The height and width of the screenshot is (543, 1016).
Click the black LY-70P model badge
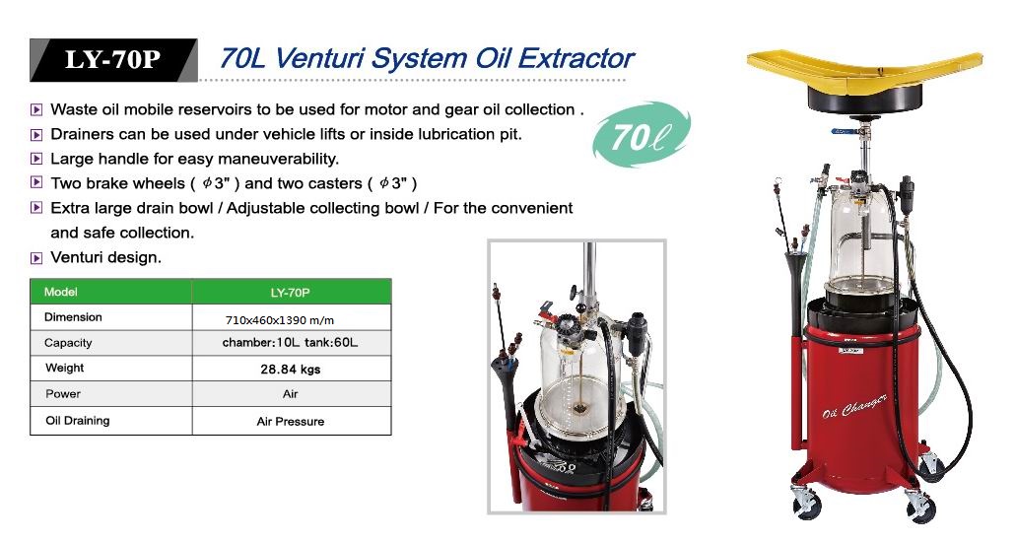[113, 59]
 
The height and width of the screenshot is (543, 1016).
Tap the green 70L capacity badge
[641, 135]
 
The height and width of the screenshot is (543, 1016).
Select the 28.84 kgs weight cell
[291, 370]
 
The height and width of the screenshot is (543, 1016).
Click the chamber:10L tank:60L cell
[290, 343]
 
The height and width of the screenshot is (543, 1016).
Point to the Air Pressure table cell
[291, 421]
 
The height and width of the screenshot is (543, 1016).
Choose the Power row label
[63, 394]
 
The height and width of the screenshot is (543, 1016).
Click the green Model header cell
[110, 292]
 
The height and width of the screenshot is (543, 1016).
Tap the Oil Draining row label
[78, 421]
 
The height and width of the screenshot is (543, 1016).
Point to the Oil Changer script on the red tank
[854, 406]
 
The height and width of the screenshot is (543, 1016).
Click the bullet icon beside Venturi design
[36, 258]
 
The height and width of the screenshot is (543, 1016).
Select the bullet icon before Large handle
[36, 159]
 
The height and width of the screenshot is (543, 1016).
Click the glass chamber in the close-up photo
[581, 370]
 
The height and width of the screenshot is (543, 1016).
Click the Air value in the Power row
[291, 394]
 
